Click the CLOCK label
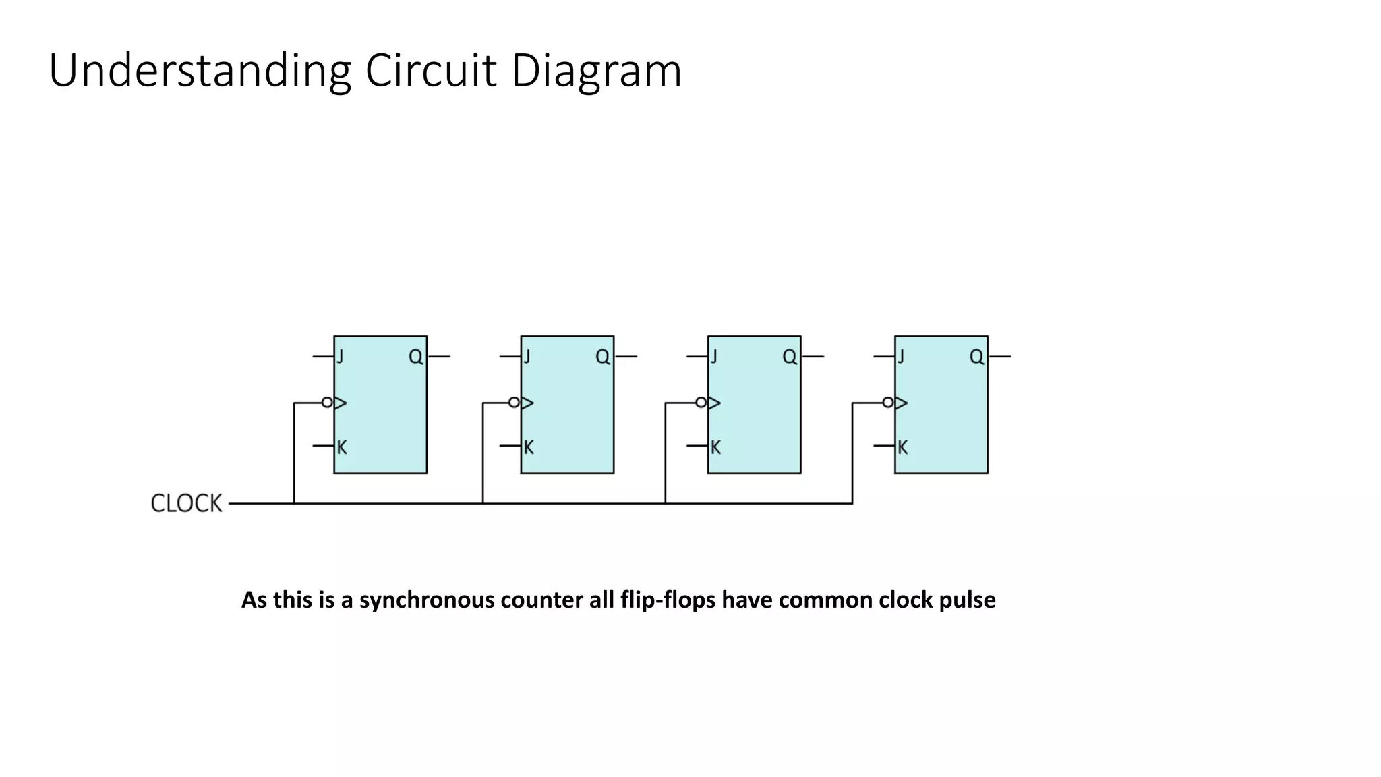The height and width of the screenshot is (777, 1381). (186, 503)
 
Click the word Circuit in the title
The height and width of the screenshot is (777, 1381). (431, 70)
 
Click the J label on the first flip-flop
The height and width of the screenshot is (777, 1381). (341, 356)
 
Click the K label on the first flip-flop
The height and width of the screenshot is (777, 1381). (342, 447)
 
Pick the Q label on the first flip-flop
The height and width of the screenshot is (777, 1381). (416, 357)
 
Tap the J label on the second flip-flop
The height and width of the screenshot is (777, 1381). (527, 356)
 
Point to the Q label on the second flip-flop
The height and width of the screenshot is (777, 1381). (603, 357)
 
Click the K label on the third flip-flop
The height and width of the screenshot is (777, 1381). (715, 447)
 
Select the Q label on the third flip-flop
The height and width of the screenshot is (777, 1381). (790, 357)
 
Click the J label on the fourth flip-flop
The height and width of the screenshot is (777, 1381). (901, 356)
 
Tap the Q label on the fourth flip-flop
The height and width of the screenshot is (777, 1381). (976, 357)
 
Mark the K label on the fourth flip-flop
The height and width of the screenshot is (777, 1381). (902, 447)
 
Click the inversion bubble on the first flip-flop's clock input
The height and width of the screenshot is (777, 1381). (327, 403)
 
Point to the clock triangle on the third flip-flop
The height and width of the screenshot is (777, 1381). (713, 403)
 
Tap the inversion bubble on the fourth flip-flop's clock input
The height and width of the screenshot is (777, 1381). (888, 403)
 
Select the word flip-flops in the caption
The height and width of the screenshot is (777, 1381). (668, 600)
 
